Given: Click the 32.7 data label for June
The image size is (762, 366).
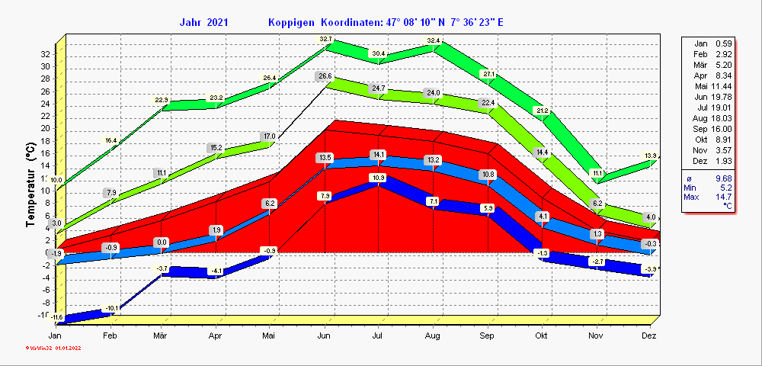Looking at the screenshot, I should pyautogui.click(x=326, y=39).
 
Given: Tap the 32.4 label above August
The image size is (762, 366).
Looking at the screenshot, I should pyautogui.click(x=434, y=40).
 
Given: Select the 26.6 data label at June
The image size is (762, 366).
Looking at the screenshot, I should pyautogui.click(x=325, y=76).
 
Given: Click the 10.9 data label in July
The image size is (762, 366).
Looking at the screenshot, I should pyautogui.click(x=379, y=178).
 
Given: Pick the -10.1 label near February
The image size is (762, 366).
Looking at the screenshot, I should pyautogui.click(x=112, y=308).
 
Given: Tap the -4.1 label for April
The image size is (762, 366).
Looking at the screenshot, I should pyautogui.click(x=217, y=271).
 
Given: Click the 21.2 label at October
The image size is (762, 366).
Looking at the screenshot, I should pyautogui.click(x=542, y=111).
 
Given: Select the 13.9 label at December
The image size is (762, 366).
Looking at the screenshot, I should pyautogui.click(x=650, y=156).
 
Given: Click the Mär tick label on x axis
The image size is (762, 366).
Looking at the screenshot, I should pyautogui.click(x=161, y=335).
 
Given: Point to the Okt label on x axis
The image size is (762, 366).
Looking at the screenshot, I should pyautogui.click(x=541, y=335).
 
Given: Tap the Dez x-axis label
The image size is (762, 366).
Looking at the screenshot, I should pyautogui.click(x=649, y=335).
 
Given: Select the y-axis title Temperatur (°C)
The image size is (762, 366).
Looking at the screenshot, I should pyautogui.click(x=31, y=184).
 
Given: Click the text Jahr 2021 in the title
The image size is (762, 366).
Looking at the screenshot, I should pyautogui.click(x=203, y=22).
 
